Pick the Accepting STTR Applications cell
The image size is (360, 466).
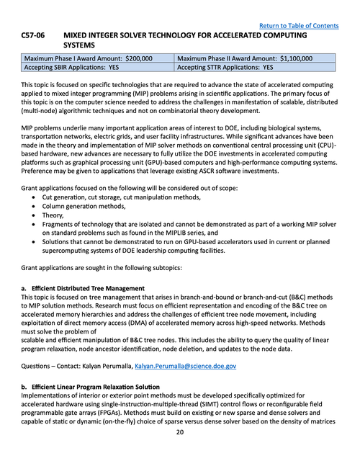click(x=225, y=67)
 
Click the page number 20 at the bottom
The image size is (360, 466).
click(x=180, y=432)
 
